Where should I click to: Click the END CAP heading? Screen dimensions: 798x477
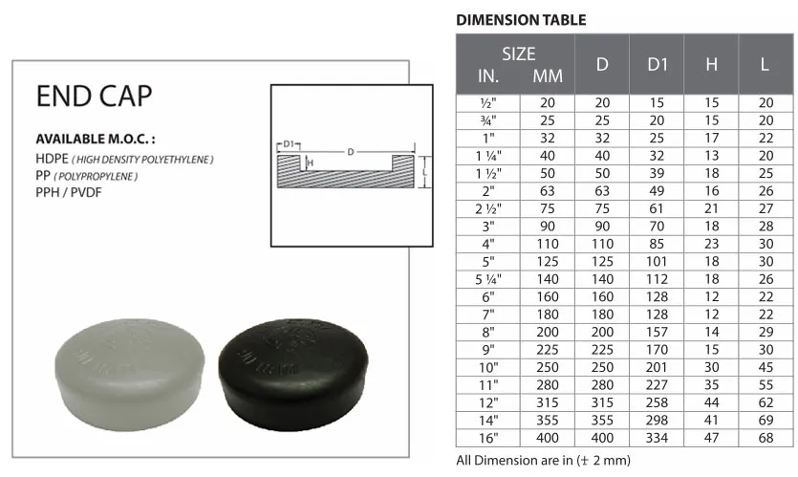pos(95,96)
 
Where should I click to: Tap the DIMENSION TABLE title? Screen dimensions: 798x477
pos(521,20)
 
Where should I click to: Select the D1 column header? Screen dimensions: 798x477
pos(657,65)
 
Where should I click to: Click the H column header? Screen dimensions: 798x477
pos(711,65)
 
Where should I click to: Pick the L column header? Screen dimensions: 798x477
pos(765,65)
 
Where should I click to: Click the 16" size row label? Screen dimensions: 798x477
pos(488,438)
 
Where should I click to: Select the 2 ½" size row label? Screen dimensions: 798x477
pos(488,208)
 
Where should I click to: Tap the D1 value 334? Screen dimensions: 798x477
pos(657,438)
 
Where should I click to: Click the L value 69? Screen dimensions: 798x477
pos(766,420)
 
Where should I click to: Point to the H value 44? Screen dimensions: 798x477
pos(711,402)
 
